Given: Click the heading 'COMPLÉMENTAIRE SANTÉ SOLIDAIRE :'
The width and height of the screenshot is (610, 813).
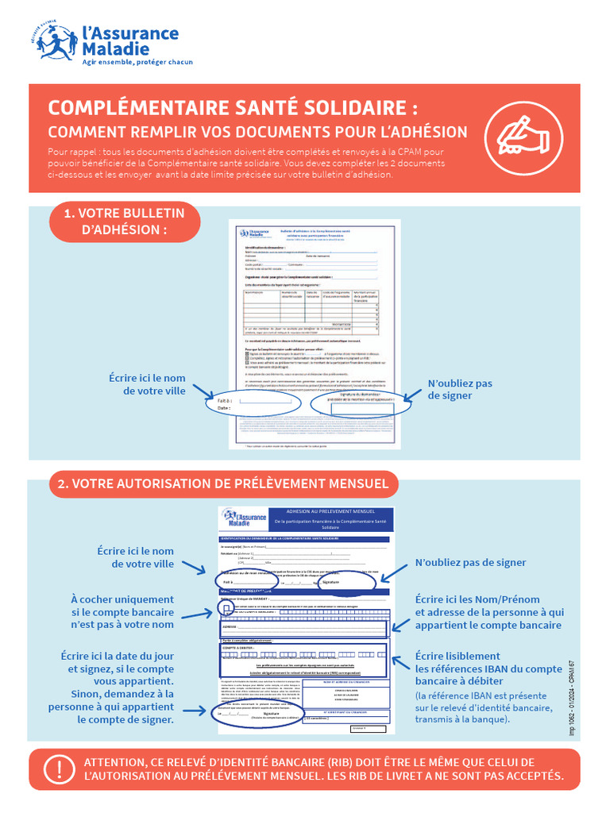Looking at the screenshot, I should click(233, 108).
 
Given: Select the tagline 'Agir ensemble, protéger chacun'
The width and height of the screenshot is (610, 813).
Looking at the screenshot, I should click(138, 62).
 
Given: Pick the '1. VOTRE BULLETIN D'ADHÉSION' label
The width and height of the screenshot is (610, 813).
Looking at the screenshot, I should click(125, 222).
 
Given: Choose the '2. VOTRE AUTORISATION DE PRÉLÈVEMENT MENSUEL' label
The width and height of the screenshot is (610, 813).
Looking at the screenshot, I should click(223, 484).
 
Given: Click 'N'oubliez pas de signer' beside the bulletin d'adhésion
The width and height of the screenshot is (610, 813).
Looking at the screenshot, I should click(460, 389).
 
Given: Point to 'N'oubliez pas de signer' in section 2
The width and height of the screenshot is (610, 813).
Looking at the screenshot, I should click(470, 562).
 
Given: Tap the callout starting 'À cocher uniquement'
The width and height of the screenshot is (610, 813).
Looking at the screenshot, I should click(122, 611).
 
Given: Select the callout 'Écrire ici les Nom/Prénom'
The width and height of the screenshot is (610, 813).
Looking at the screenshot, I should click(489, 612).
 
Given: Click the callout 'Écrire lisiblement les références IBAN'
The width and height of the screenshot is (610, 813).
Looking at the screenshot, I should click(488, 669).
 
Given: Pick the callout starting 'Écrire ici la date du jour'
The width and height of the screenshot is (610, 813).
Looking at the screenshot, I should click(116, 688).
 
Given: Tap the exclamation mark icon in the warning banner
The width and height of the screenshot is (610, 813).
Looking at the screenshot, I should click(57, 769).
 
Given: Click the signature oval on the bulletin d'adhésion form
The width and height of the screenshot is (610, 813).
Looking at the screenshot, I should click(361, 403).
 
